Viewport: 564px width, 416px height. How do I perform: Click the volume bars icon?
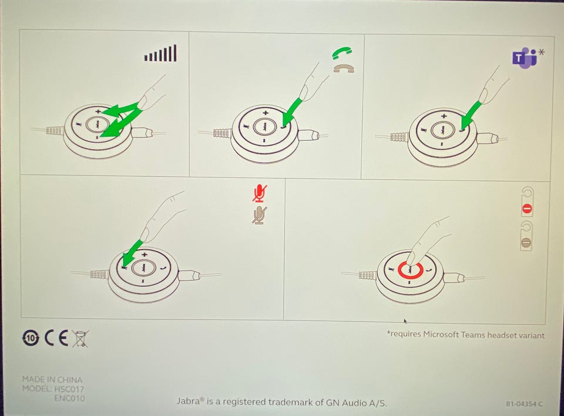coord(160,53)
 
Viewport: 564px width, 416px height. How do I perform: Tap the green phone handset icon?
coord(342,53)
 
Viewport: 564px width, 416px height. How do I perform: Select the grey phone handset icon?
coord(344,68)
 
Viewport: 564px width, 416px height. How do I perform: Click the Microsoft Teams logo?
coord(524,58)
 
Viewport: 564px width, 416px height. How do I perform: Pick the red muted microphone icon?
coord(259,194)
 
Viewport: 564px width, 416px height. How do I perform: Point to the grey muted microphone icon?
coord(259,215)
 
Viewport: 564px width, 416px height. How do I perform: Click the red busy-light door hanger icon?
coord(527,202)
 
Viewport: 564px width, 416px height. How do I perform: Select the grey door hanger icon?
coord(526,236)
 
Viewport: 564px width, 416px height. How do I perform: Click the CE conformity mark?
coord(56,338)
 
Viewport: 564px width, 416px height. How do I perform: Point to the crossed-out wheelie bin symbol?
coord(80,339)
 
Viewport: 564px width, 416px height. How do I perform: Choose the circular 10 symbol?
coord(31,338)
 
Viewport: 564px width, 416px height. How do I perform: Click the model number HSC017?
coord(69,389)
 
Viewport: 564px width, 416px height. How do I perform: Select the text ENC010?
coord(70,398)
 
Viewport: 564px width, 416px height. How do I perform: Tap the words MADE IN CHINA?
coord(52,380)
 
